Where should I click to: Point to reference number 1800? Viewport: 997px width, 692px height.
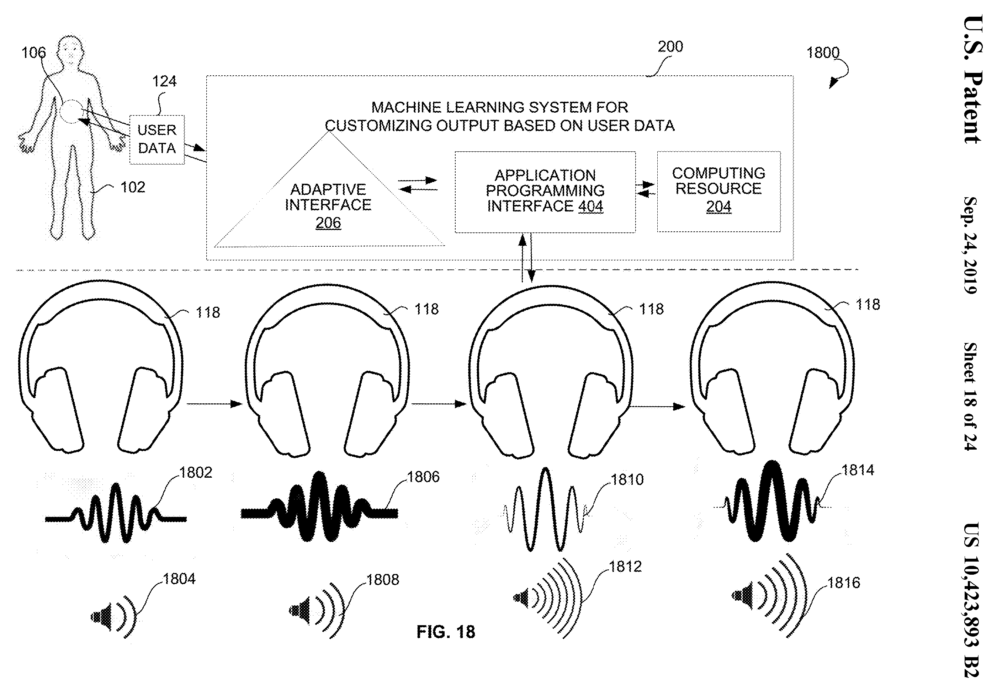[x=823, y=53]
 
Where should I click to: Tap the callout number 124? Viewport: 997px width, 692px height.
[x=164, y=81]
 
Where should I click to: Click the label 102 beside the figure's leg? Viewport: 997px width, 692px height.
[x=133, y=187]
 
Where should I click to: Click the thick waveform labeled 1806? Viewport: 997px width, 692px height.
[x=319, y=506]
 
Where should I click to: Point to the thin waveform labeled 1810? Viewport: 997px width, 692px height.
[x=545, y=509]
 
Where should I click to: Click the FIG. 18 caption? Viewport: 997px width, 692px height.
[x=446, y=632]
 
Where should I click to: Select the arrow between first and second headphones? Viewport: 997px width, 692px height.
[x=214, y=404]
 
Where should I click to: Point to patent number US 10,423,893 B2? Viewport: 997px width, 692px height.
[x=971, y=600]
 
